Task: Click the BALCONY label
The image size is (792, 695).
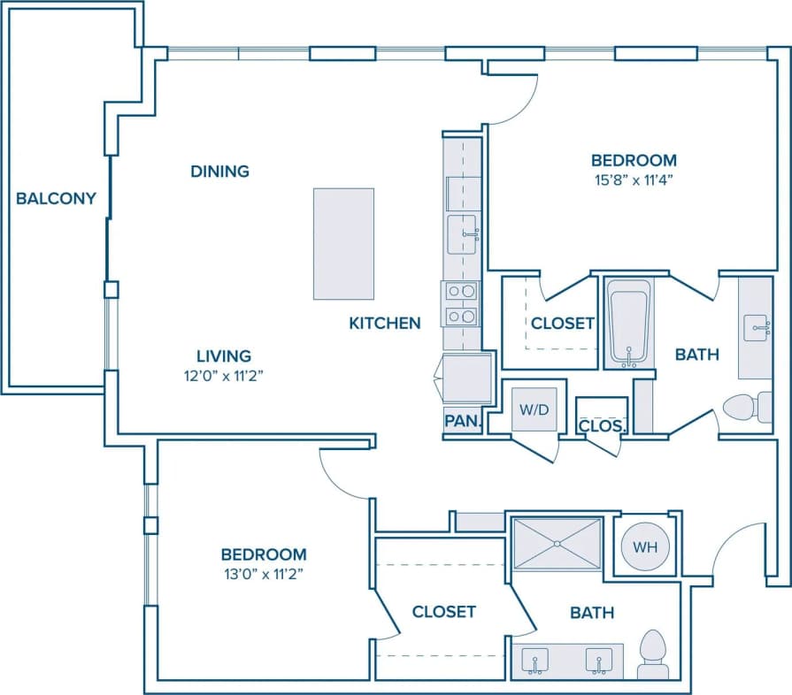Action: (56, 198)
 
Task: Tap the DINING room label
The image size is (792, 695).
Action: (219, 171)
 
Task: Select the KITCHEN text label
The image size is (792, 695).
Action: (384, 323)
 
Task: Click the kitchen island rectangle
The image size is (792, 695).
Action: (343, 244)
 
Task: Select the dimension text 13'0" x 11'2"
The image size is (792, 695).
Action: (264, 573)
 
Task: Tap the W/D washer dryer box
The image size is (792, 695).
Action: (534, 409)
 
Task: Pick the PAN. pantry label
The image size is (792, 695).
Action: (461, 422)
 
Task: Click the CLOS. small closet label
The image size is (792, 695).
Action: (602, 425)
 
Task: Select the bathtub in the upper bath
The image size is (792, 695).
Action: (629, 323)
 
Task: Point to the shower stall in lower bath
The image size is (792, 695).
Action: (557, 544)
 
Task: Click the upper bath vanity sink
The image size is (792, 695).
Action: (756, 326)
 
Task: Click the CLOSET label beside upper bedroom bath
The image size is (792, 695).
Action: (562, 323)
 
